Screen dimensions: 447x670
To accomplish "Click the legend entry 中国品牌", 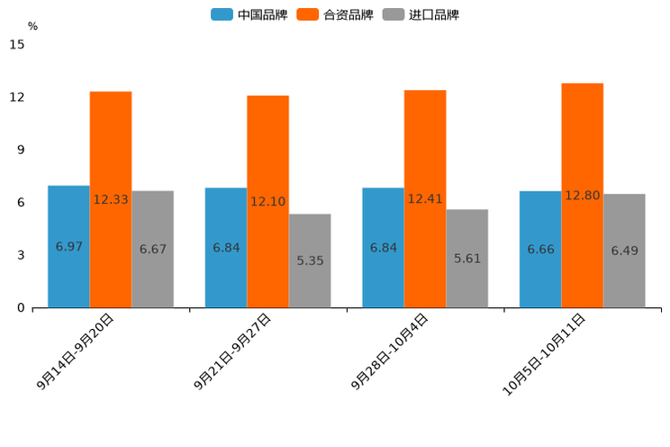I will coord(249,14).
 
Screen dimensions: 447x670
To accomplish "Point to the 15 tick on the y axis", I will coord(17,44).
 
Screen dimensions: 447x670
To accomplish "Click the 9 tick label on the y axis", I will coord(21,150).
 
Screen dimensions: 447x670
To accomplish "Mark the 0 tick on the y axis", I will coord(21,308).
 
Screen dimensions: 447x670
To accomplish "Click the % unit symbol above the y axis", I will coord(32,26).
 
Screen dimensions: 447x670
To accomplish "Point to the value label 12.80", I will coord(583,196).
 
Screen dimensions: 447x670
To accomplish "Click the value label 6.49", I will coord(624,251).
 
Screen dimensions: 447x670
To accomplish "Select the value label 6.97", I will coord(68,246).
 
